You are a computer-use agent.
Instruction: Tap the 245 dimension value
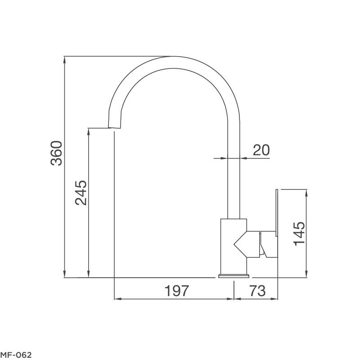point(81,193)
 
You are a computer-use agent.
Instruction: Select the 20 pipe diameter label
point(261,149)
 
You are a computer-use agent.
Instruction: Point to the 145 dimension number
point(300,234)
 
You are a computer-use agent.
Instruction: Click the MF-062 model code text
point(16,355)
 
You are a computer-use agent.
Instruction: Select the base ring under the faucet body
point(234,275)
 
